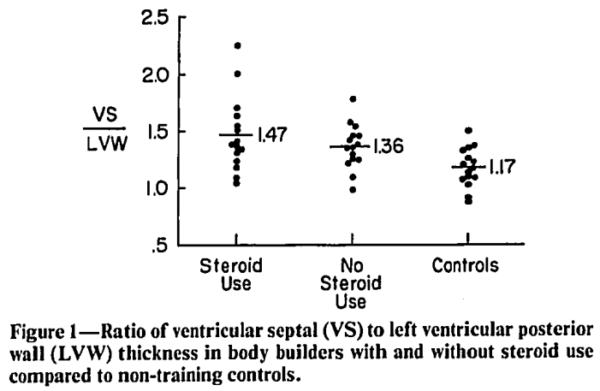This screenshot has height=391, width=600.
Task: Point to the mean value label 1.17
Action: pos(502,168)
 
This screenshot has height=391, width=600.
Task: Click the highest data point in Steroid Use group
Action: pos(237,45)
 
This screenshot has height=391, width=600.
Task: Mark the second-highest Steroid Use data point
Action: pos(237,74)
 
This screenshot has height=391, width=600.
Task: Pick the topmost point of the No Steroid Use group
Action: pos(353,99)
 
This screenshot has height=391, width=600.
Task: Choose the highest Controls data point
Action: pos(467,130)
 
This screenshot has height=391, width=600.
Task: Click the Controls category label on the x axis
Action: pos(465,265)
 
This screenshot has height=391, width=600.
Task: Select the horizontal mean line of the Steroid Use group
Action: pos(235,135)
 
